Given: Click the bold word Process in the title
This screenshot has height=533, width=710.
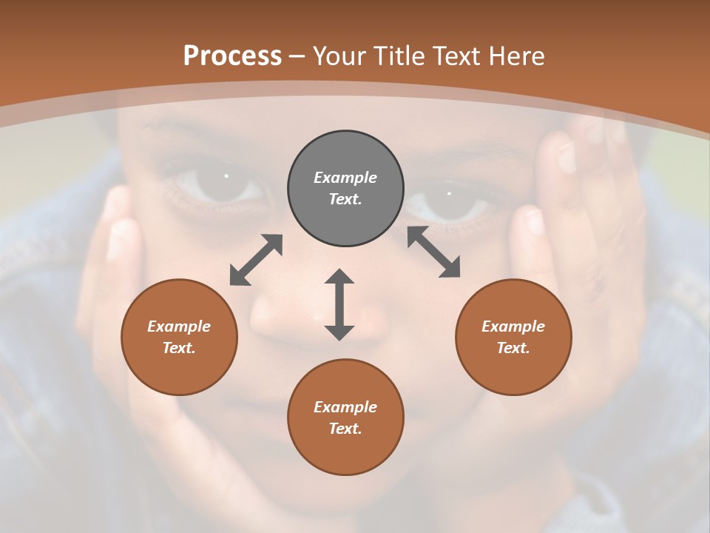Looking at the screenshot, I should coord(232,56).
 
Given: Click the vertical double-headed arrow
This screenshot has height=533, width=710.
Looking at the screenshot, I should coord(339,305).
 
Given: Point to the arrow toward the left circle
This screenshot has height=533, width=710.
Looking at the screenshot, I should coord(256,260).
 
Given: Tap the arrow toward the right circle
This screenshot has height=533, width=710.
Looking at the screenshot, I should coord(434,252).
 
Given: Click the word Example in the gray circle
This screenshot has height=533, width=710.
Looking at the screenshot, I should coord(345,178).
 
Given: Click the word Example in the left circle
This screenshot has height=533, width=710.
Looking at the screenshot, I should coord(179,326).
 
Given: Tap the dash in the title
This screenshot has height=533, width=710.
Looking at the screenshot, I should coord(297,56).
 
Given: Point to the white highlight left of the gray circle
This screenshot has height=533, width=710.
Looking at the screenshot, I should coord(226,176).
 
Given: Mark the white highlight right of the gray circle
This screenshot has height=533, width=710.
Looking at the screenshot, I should coord(450,193).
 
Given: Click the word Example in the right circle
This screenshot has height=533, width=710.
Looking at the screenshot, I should coord(513,326).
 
